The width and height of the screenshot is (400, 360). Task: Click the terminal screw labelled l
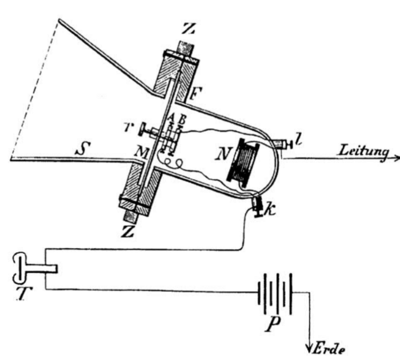click(x=285, y=145)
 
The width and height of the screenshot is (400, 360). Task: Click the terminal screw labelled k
click(x=258, y=206)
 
